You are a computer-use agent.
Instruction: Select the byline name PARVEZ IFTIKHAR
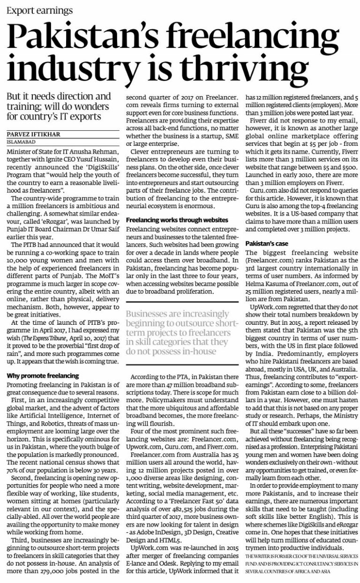pos(34,121)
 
